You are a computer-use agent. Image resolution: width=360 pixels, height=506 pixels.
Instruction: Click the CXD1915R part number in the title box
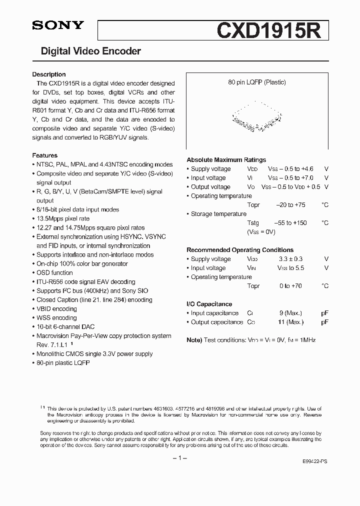click(x=272, y=30)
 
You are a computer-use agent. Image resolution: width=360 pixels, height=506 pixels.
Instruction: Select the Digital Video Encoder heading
click(x=90, y=51)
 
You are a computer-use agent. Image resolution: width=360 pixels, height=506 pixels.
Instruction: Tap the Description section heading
click(x=49, y=74)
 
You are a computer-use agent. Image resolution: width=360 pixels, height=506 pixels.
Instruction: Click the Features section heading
click(x=45, y=155)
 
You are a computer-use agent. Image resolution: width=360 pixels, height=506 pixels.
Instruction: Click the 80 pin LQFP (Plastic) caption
click(x=257, y=82)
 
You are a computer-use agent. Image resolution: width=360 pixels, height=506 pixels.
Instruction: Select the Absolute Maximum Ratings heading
click(x=226, y=160)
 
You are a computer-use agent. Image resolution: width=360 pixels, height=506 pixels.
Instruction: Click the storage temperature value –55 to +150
click(x=291, y=223)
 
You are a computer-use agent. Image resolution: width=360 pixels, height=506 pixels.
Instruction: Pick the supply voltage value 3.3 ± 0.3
click(x=290, y=259)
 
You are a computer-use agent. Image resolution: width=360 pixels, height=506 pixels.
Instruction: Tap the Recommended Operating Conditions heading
click(x=240, y=250)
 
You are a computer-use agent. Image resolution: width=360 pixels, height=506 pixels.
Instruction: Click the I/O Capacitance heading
click(x=209, y=304)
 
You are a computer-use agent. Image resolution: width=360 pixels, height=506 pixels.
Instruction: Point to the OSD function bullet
click(x=54, y=272)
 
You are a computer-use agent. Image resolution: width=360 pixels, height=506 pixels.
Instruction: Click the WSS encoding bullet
click(x=56, y=317)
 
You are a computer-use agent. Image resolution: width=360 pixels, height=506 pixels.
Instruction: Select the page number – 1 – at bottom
click(x=179, y=458)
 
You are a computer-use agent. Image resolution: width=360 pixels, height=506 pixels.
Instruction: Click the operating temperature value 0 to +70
click(x=291, y=286)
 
